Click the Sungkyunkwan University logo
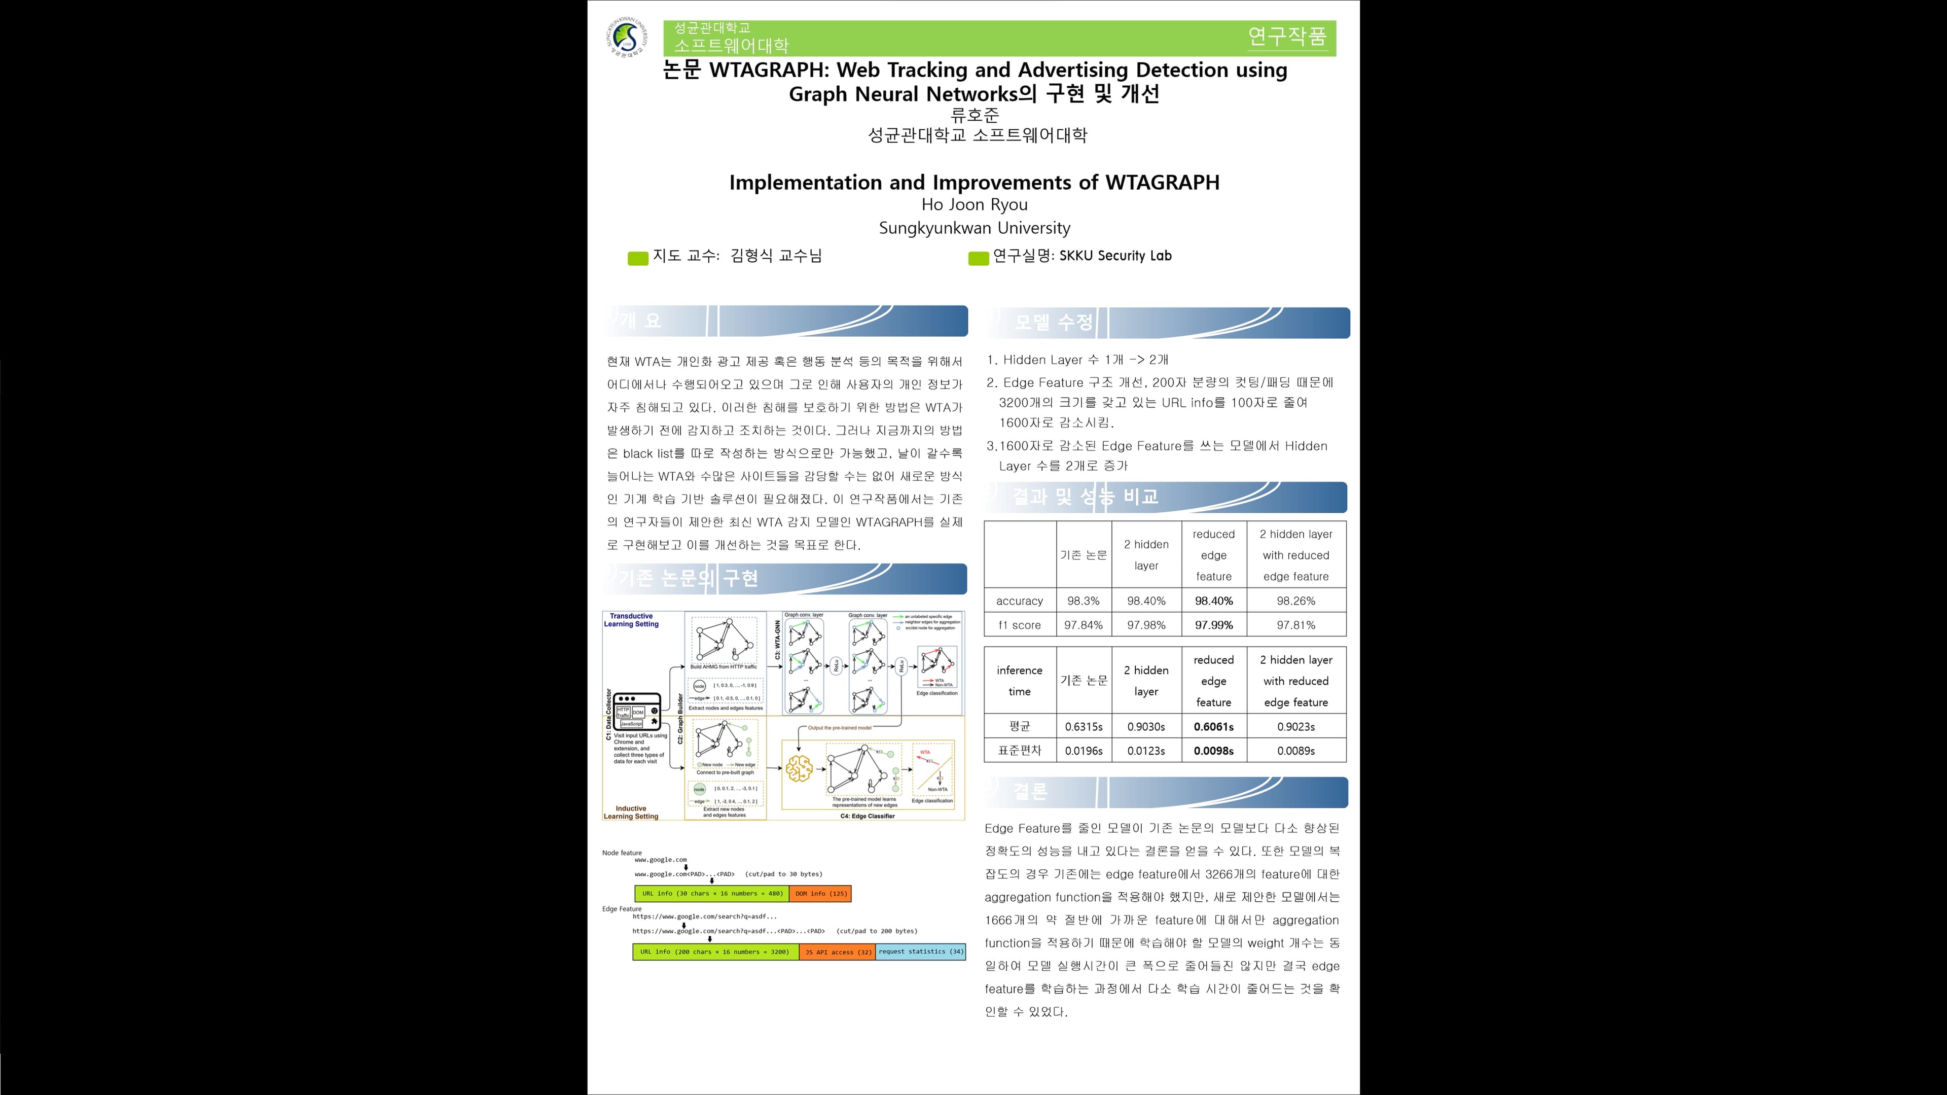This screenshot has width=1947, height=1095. tap(627, 38)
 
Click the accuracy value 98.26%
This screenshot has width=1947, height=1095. tap(1295, 601)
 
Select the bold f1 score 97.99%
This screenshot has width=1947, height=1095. tap(1213, 625)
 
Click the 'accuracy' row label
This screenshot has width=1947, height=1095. tap(1019, 601)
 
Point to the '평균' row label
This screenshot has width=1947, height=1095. tap(1019, 726)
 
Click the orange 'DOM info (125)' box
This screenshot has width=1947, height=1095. tap(820, 893)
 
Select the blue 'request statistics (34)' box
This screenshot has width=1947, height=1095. tap(921, 951)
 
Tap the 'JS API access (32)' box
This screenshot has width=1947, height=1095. tap(838, 952)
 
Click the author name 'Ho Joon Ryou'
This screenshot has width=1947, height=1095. tap(974, 204)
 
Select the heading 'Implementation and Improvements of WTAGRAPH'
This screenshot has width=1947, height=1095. tap(974, 182)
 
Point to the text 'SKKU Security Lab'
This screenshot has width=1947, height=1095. tap(1115, 256)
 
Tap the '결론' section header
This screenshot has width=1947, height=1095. tap(1029, 792)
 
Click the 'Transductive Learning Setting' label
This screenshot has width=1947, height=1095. tap(631, 620)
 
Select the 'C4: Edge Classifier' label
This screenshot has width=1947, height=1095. tap(867, 816)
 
